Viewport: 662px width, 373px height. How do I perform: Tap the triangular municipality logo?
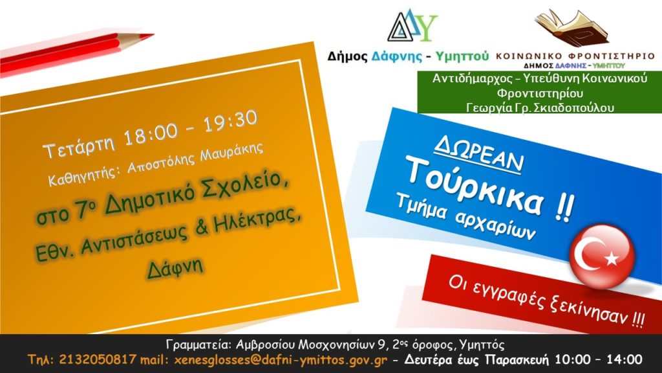pos(412,26)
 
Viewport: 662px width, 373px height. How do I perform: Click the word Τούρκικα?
pos(475,188)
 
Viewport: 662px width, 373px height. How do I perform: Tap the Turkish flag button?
pos(602,256)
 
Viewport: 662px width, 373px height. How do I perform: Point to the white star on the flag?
pos(611,258)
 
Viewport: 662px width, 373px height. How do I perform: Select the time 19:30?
pos(231,121)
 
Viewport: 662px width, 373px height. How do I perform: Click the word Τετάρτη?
pos(79,146)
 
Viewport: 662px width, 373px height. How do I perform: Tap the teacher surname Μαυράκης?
pos(232,155)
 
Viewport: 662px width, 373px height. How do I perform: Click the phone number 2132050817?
pos(98,359)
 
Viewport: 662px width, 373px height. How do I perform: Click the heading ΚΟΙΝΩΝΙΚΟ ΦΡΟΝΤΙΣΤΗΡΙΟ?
pos(575,56)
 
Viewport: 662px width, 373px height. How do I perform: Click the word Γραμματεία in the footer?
pos(198,345)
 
